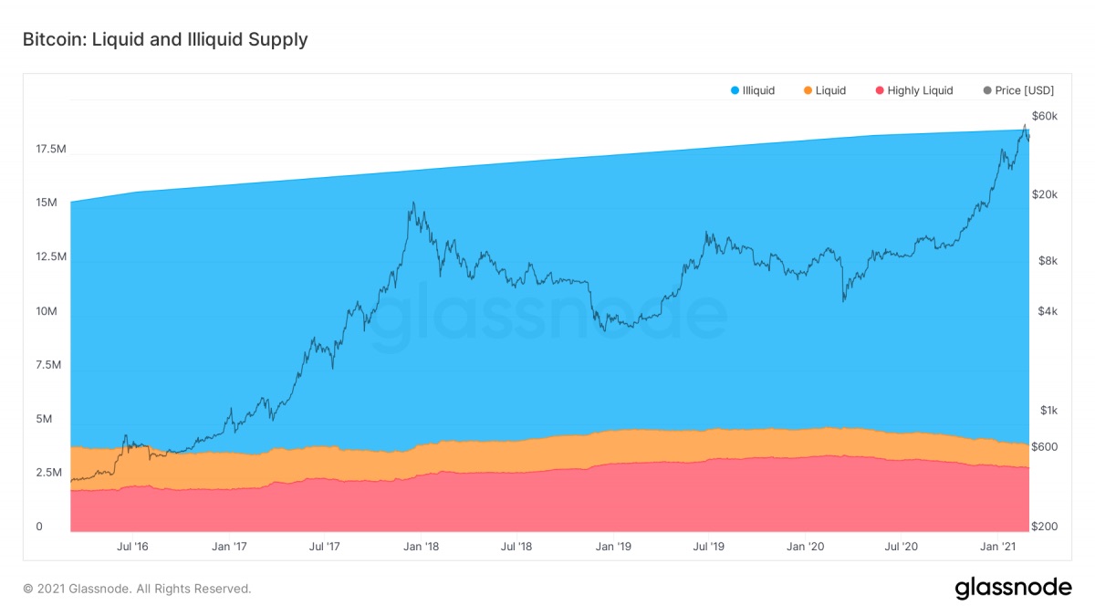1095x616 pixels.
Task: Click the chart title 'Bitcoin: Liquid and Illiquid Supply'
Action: pos(165,39)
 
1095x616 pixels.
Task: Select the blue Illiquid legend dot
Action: pos(735,90)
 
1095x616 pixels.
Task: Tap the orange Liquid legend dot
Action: pos(808,90)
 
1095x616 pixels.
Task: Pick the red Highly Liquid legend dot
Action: pos(880,90)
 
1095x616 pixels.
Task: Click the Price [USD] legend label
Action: pos(1024,90)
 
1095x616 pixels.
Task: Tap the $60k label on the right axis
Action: pos(1044,116)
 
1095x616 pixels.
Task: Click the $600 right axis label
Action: pos(1045,446)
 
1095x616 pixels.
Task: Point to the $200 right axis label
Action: pos(1045,527)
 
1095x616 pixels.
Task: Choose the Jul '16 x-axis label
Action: pos(132,547)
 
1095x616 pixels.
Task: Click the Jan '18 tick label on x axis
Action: pos(421,547)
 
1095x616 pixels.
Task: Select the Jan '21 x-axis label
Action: pos(998,547)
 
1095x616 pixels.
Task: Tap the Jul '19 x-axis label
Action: pos(709,547)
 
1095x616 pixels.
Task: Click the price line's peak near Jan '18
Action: pos(412,203)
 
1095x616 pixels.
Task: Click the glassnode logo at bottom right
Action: pos(1013,589)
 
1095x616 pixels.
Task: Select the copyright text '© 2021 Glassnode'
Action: pos(137,590)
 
